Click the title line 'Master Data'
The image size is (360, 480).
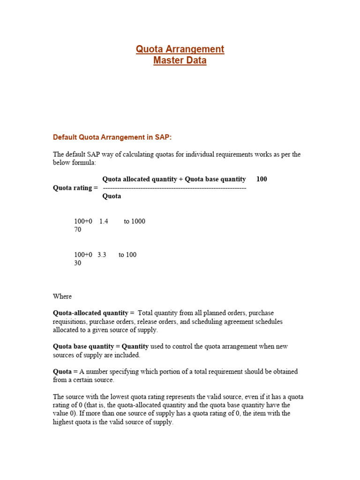click(x=180, y=60)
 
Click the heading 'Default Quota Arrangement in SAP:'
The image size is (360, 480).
click(x=112, y=137)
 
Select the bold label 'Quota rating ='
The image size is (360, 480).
click(x=75, y=187)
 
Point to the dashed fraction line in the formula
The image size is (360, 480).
click(x=174, y=187)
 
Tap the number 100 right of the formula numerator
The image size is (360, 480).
click(x=262, y=179)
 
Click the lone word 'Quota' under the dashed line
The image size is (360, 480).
click(x=112, y=196)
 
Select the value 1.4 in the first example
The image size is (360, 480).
click(x=104, y=221)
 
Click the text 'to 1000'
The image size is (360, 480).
click(x=135, y=221)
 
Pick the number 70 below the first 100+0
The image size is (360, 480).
click(x=78, y=230)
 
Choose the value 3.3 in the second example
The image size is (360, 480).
click(x=102, y=255)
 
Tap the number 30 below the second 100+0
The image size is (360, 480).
click(x=78, y=263)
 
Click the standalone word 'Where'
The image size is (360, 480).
click(x=62, y=296)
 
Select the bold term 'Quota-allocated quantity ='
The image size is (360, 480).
click(x=94, y=313)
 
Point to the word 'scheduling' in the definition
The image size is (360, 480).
click(x=218, y=322)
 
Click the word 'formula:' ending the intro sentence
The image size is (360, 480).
click(x=83, y=163)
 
